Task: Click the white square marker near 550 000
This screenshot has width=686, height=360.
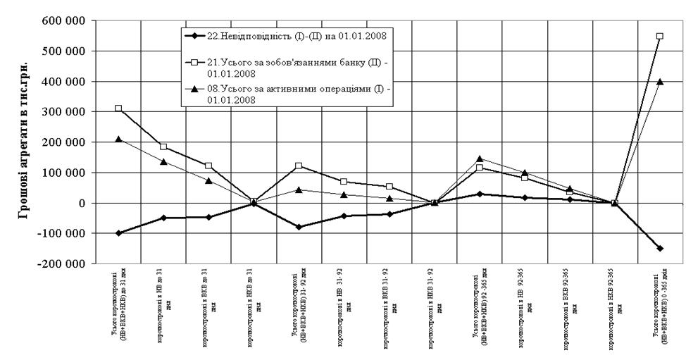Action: pyautogui.click(x=659, y=36)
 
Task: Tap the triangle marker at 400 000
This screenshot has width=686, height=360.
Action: pyautogui.click(x=659, y=82)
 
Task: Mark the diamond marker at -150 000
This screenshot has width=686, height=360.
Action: pyautogui.click(x=659, y=249)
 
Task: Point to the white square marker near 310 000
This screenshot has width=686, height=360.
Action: pyautogui.click(x=118, y=108)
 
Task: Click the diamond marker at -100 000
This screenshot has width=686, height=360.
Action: pyautogui.click(x=118, y=233)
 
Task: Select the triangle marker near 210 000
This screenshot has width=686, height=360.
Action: pyautogui.click(x=118, y=139)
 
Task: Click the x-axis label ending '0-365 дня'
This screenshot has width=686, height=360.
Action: pyautogui.click(x=660, y=309)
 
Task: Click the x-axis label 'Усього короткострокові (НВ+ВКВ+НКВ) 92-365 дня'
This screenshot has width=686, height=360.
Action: pyautogui.click(x=479, y=309)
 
